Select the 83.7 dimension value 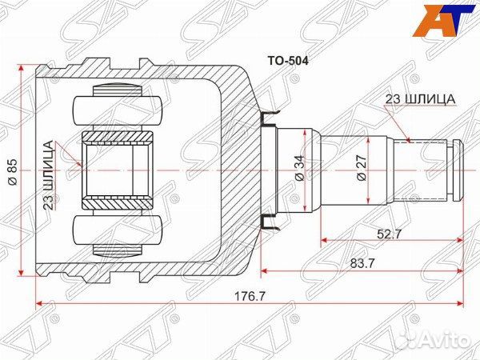point(361,262)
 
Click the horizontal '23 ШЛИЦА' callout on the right point(421,98)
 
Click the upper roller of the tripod point(118,106)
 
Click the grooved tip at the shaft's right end point(458,170)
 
